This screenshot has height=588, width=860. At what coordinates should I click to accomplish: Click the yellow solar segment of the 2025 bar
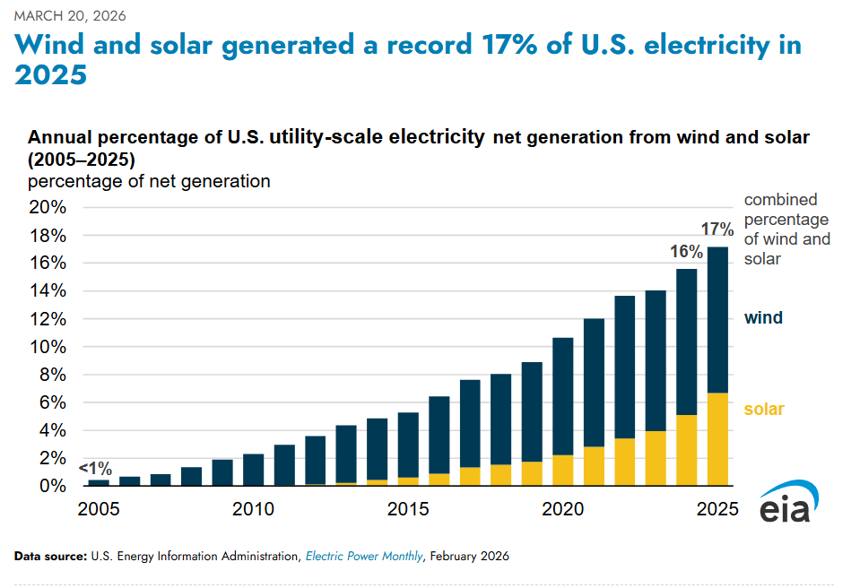tap(717, 439)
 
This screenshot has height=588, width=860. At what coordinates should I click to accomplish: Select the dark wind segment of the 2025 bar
tap(717, 318)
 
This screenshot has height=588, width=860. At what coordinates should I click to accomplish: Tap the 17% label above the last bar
tap(717, 229)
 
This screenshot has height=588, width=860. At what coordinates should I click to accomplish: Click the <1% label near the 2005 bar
tap(95, 468)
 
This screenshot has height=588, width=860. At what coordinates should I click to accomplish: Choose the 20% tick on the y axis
tap(49, 208)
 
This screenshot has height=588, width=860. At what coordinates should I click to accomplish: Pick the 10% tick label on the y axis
tap(49, 347)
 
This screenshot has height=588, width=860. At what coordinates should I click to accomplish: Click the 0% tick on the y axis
tap(54, 486)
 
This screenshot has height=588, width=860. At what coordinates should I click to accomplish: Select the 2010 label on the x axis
tap(253, 510)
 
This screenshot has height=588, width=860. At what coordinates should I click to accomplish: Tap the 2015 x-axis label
tap(409, 510)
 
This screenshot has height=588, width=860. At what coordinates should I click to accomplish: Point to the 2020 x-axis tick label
tap(563, 510)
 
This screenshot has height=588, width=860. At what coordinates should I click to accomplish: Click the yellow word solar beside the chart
tap(764, 410)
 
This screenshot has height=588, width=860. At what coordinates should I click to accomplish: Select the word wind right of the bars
tap(763, 318)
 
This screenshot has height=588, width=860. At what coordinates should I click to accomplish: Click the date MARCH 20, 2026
tap(70, 16)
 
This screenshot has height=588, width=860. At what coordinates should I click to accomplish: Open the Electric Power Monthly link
tap(364, 557)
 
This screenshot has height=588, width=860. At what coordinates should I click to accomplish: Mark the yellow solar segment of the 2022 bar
tap(625, 462)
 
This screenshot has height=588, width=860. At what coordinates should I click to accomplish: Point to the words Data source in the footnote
tap(50, 557)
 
